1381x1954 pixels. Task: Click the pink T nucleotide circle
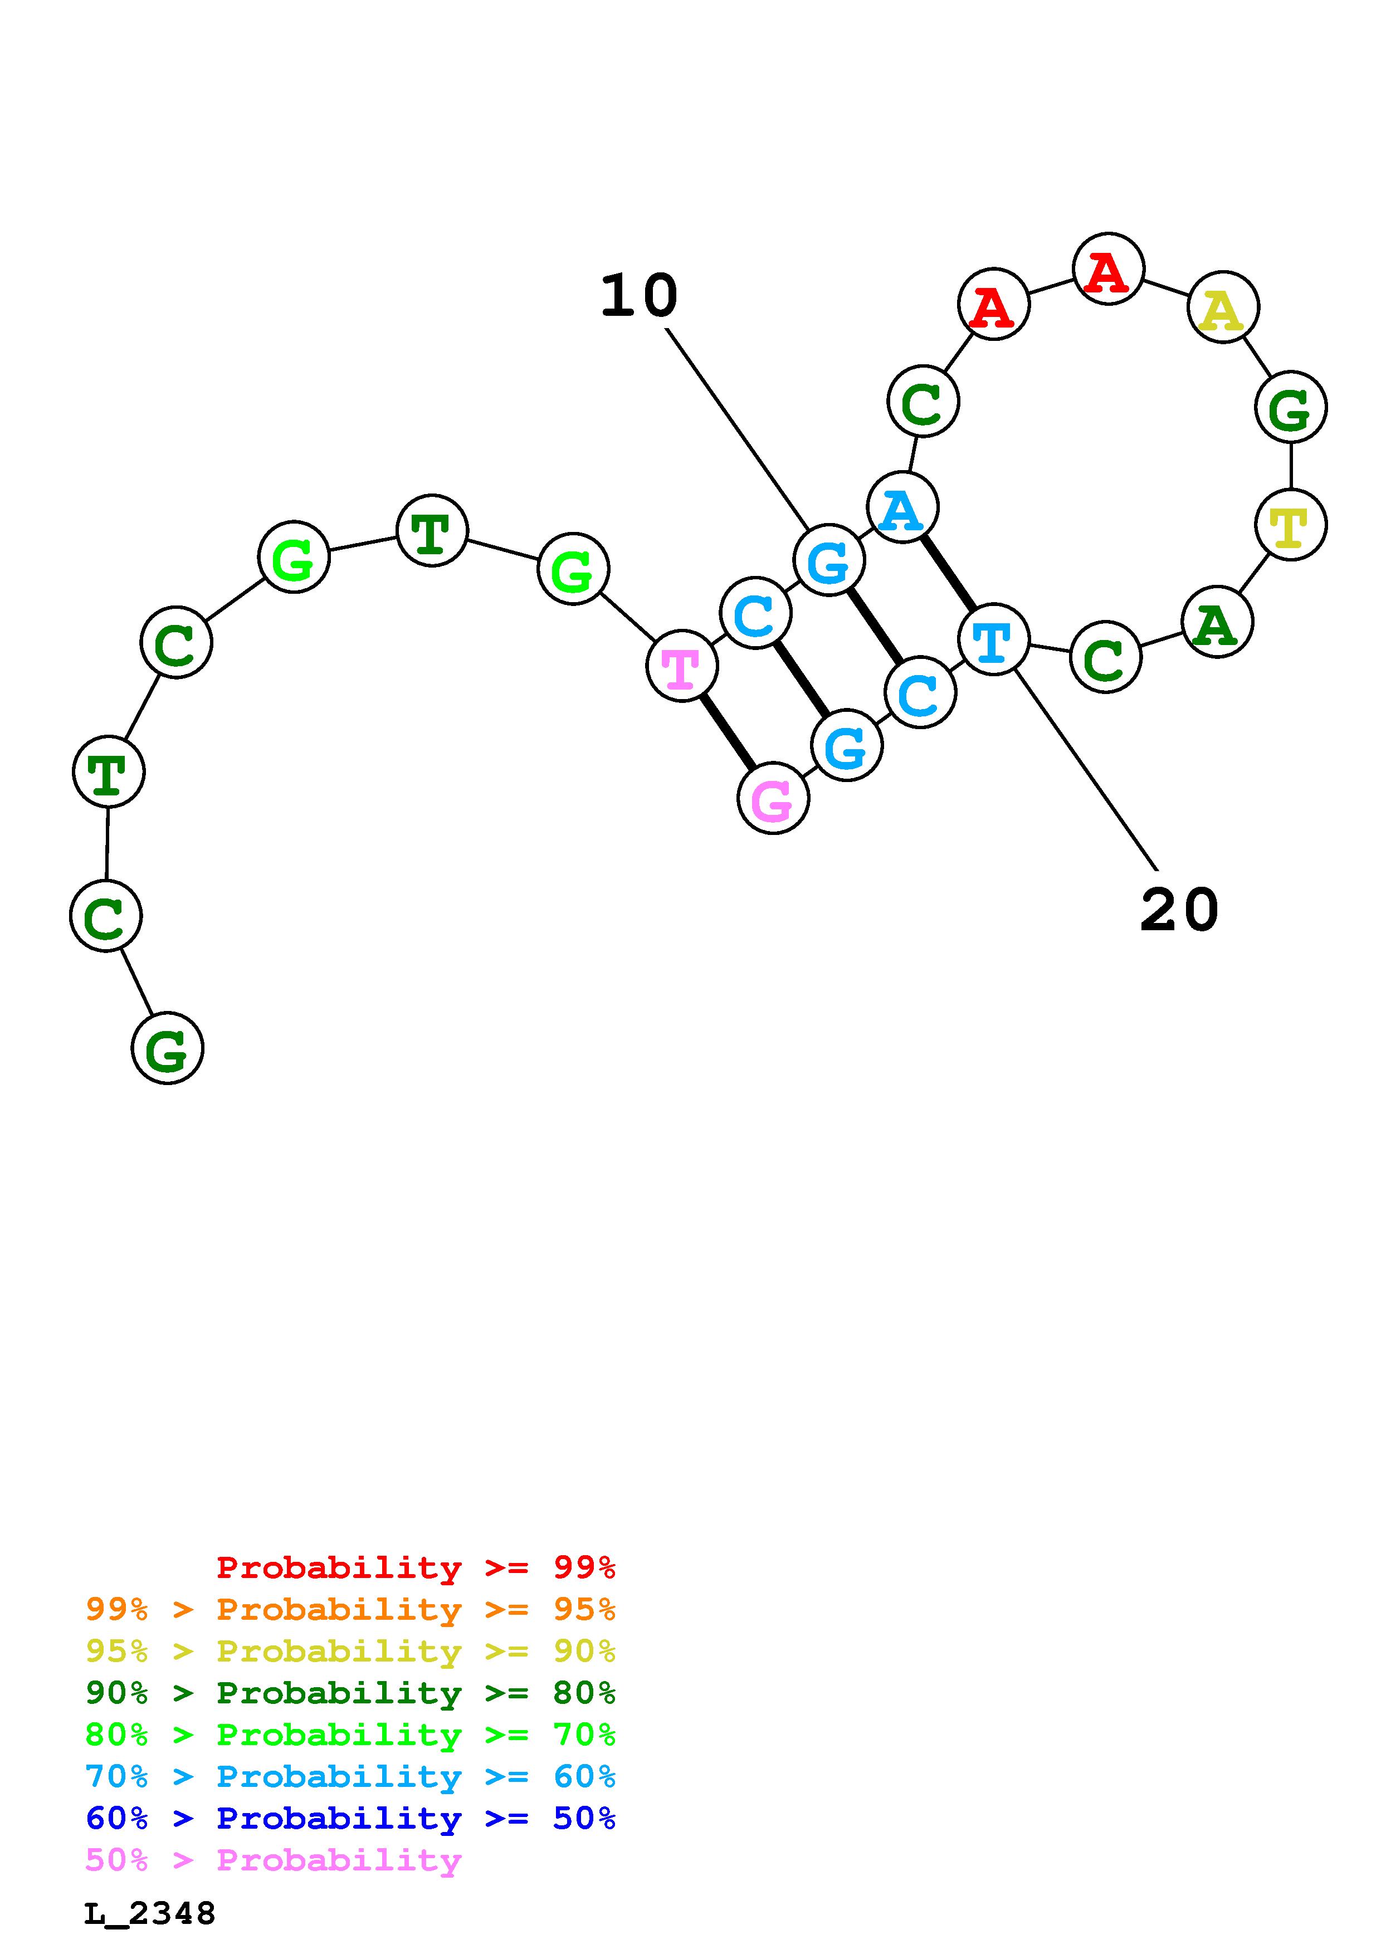681,666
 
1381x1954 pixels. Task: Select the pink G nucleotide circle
773,798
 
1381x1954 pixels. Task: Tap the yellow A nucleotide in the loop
1223,307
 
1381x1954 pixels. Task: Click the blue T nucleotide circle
993,639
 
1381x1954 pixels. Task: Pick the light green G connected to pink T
573,569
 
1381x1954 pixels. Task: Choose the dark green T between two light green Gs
432,530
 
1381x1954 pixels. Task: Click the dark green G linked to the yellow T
1291,408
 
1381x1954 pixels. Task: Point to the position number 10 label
638,297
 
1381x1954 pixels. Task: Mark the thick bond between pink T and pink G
728,732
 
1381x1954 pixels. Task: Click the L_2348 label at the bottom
150,1914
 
